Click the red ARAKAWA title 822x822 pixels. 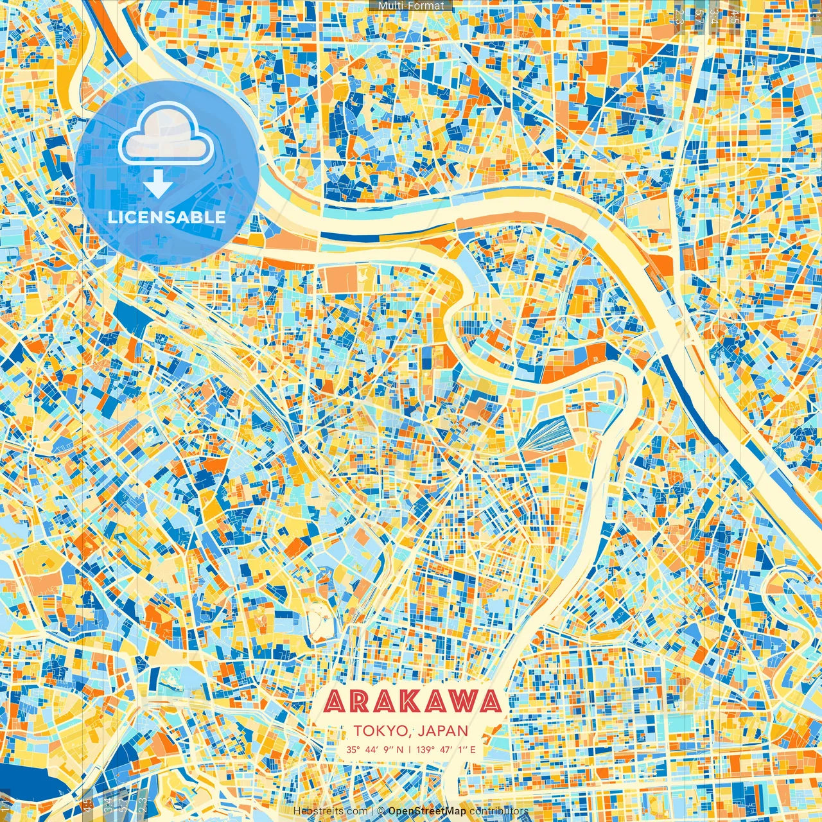[x=412, y=702]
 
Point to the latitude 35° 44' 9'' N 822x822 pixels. [x=375, y=749]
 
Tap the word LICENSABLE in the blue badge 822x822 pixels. [x=167, y=217]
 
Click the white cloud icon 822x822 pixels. [x=166, y=134]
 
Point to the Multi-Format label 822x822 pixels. [x=411, y=6]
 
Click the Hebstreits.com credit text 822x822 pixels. [x=330, y=812]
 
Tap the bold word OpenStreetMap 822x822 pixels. [x=426, y=812]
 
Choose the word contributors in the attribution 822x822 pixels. [x=499, y=812]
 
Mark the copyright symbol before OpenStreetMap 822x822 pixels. [x=381, y=812]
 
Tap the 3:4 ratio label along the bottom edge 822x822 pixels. [x=107, y=806]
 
